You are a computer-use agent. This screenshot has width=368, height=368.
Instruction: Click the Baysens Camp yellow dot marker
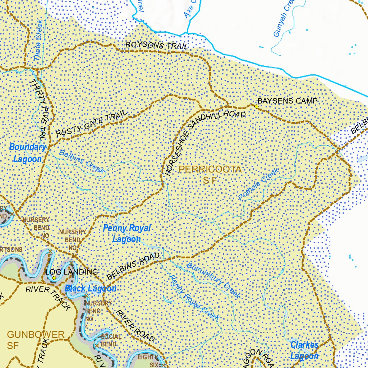click(x=256, y=107)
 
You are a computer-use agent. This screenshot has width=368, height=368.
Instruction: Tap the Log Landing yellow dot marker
click(x=54, y=278)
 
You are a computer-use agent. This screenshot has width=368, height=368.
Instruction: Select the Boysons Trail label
click(x=156, y=46)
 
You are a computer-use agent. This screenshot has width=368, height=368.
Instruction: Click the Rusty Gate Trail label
click(x=92, y=123)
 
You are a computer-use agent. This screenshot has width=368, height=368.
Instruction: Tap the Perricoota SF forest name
click(x=210, y=174)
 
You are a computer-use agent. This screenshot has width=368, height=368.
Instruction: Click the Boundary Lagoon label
click(x=27, y=153)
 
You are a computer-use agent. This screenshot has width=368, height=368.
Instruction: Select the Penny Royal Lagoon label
click(x=126, y=234)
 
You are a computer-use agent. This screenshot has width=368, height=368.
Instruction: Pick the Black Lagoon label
click(x=91, y=289)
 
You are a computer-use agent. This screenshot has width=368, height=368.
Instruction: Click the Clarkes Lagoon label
click(x=304, y=350)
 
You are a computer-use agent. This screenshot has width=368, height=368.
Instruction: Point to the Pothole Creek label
click(x=259, y=185)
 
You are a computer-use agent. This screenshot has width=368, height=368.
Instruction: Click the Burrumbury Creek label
click(x=213, y=281)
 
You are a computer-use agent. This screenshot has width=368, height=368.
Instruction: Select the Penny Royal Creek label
click(x=194, y=298)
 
